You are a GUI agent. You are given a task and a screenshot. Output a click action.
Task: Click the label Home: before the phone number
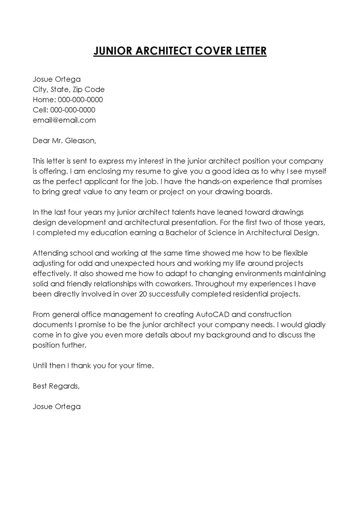click(x=44, y=99)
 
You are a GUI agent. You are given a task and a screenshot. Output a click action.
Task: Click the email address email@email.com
click(x=64, y=120)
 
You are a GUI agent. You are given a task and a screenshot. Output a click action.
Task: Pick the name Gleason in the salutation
click(x=81, y=141)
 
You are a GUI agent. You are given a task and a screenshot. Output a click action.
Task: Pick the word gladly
click(x=314, y=324)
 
